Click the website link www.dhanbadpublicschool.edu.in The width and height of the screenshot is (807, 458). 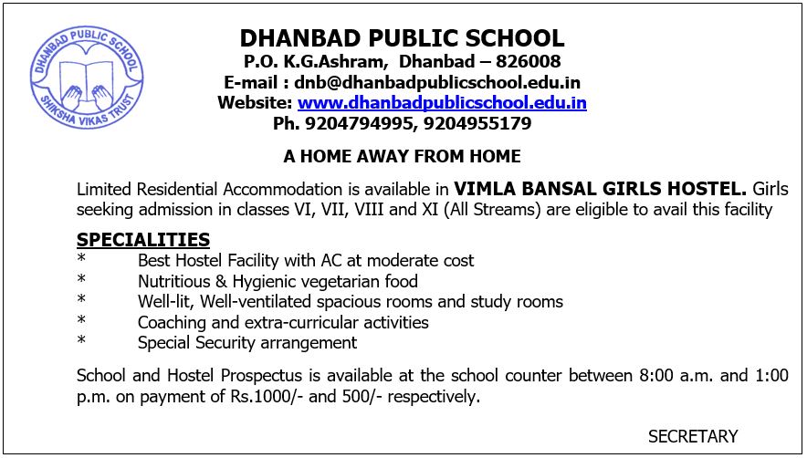(x=442, y=103)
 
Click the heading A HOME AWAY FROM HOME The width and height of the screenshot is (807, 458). (x=402, y=156)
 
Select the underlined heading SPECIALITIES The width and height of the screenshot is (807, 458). (x=143, y=240)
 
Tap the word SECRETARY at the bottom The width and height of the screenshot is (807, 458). (x=692, y=436)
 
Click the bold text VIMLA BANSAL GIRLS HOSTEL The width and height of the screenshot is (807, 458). (x=601, y=190)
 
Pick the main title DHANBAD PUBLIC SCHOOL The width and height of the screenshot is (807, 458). (x=402, y=38)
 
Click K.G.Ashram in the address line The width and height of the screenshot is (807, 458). (x=323, y=62)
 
